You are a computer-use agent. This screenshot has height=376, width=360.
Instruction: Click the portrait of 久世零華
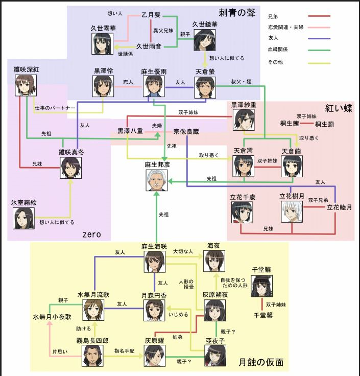(102, 43)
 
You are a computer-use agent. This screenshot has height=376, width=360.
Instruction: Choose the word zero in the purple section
(91, 234)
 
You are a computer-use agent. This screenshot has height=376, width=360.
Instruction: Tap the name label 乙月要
(152, 15)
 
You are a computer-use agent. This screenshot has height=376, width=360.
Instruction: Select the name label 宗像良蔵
(185, 131)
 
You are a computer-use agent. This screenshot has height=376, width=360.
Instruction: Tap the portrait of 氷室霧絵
(23, 218)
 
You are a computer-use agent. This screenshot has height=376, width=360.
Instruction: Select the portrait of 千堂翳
(261, 286)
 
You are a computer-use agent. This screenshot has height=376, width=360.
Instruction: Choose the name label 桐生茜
(290, 124)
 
